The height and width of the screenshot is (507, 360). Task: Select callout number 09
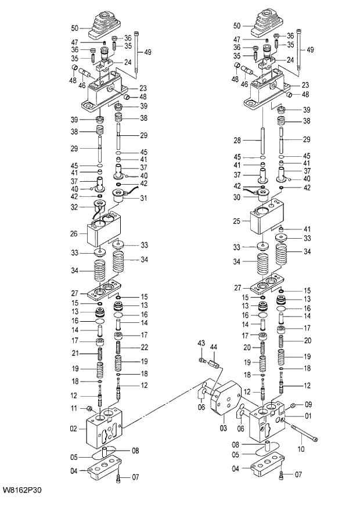[x=308, y=404]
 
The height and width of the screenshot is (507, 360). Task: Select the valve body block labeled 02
[x=106, y=430]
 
